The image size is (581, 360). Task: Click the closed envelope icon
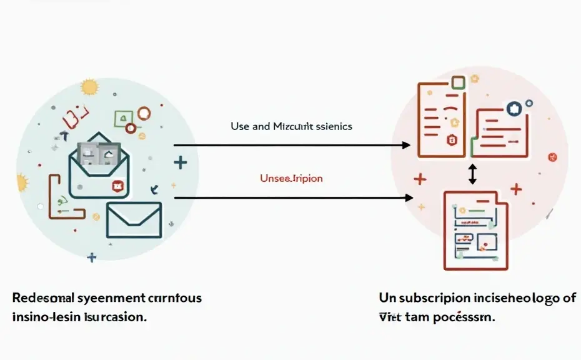pyautogui.click(x=134, y=219)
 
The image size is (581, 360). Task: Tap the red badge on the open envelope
pyautogui.click(x=117, y=186)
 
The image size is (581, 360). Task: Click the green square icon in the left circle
pyautogui.click(x=122, y=118)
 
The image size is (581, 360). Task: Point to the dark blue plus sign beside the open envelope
pyautogui.click(x=180, y=163)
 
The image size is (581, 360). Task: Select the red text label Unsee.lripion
pyautogui.click(x=291, y=178)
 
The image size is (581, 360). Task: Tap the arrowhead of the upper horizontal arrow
pyautogui.click(x=407, y=145)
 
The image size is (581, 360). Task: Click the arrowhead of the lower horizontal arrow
pyautogui.click(x=409, y=197)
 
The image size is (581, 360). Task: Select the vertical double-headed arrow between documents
pyautogui.click(x=472, y=173)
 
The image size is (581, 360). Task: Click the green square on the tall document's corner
pyautogui.click(x=458, y=82)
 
